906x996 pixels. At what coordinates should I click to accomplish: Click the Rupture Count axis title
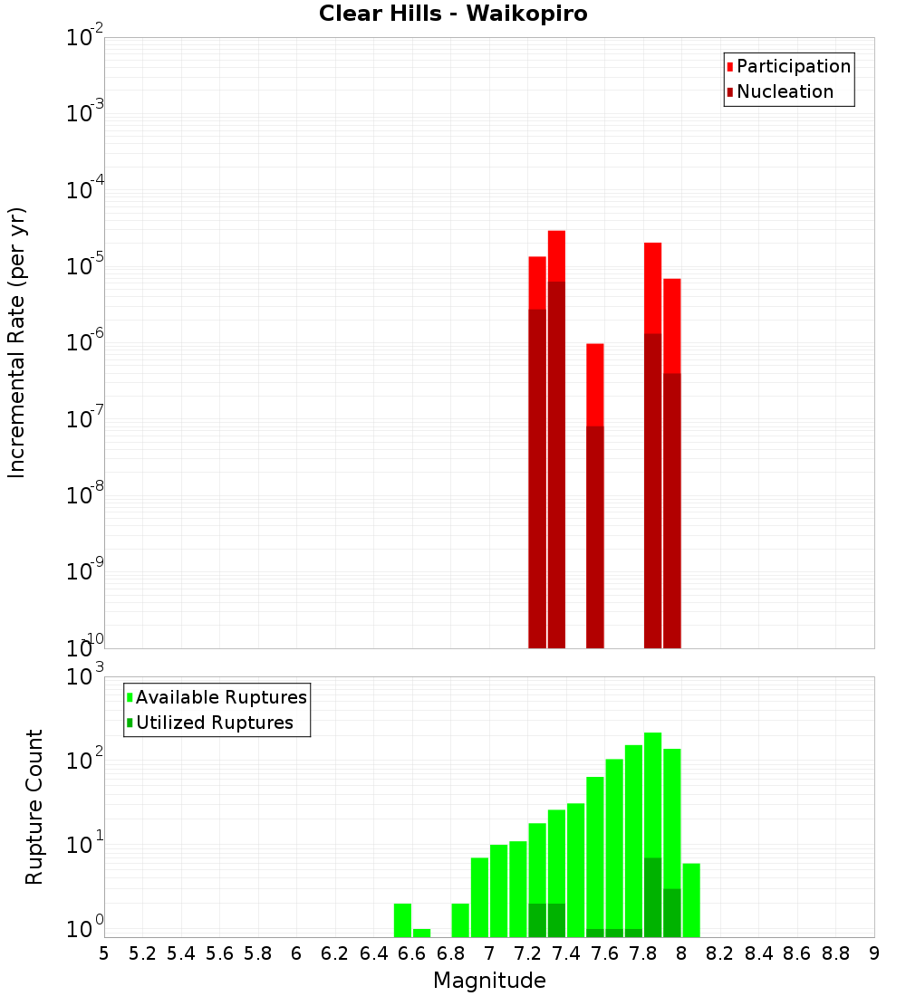click(34, 807)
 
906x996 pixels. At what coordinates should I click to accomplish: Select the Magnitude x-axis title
click(489, 981)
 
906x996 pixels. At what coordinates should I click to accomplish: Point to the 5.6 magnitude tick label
click(219, 953)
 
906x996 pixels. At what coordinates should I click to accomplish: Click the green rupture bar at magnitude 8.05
click(691, 900)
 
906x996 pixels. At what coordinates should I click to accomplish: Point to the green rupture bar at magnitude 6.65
click(421, 933)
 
